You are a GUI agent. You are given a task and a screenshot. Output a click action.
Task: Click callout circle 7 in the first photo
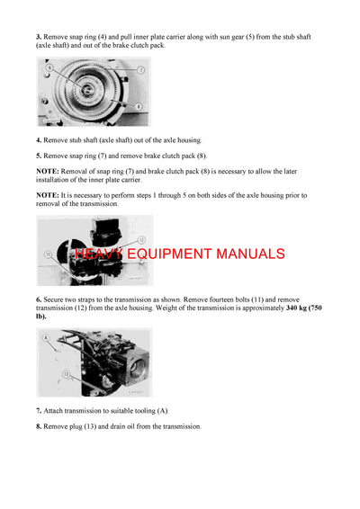140,69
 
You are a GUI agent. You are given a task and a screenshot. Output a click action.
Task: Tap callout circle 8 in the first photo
49,67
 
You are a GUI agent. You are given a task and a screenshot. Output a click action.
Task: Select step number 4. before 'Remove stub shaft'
40,140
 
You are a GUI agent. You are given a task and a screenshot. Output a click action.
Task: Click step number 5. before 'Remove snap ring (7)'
40,156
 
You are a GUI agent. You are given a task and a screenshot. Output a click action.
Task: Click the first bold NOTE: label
48,171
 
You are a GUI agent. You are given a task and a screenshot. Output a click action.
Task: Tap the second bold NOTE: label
48,194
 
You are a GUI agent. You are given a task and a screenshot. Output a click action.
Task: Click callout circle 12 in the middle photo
141,239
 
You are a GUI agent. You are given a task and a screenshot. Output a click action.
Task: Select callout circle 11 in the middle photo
48,255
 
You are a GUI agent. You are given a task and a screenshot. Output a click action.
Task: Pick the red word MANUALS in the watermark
251,254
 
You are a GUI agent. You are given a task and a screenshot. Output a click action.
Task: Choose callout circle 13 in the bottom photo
65,371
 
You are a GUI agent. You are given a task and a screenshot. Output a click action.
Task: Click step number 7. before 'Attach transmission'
40,410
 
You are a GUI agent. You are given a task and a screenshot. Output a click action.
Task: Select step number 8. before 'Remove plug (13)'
40,426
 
